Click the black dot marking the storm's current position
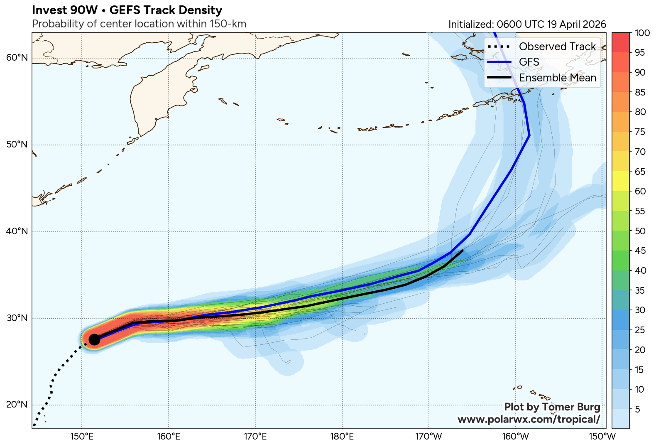[94, 339]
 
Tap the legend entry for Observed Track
[557, 47]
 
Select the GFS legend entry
[529, 62]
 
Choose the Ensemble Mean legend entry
[557, 78]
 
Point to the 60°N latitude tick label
[17, 57]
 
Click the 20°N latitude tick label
[17, 405]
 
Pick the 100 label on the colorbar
[642, 33]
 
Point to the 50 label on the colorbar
[640, 231]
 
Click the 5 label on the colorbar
[637, 409]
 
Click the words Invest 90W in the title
[59, 10]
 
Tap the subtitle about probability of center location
[139, 24]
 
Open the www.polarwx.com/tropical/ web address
[529, 419]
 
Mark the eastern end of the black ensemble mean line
[463, 251]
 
